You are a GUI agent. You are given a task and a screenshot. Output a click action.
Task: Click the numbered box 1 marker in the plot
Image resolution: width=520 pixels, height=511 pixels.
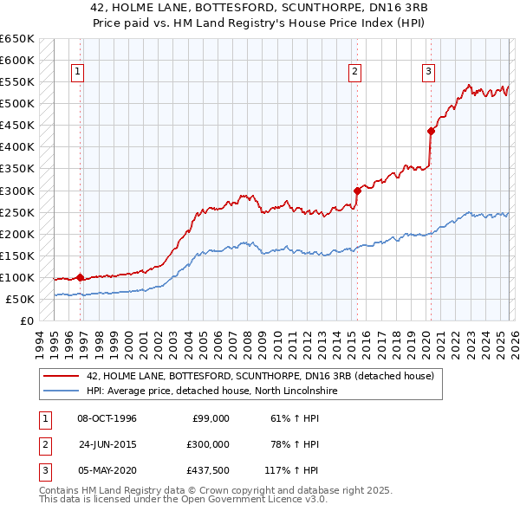(78, 72)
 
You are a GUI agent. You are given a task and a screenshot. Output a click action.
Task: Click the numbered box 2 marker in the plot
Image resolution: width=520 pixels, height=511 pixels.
(355, 72)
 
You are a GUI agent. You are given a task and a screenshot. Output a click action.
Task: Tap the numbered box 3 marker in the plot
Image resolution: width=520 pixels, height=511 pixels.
(428, 72)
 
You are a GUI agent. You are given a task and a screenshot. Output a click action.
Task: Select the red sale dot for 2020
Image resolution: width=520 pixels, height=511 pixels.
(431, 131)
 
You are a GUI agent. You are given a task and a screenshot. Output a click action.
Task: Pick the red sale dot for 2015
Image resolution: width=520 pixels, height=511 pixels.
(357, 191)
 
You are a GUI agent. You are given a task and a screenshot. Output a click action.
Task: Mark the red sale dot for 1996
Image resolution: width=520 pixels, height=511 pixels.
(80, 278)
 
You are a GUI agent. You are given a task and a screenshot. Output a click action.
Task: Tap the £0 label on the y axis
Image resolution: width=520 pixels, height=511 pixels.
(25, 321)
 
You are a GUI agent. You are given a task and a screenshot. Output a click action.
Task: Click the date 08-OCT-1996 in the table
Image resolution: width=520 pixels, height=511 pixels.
(107, 418)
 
